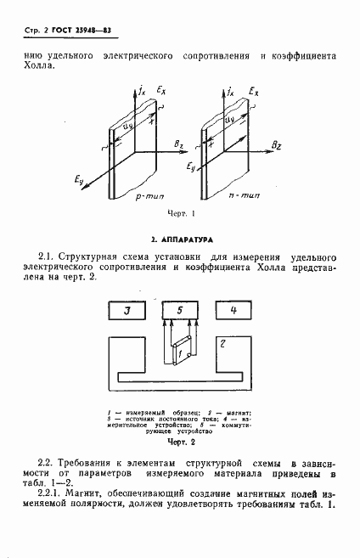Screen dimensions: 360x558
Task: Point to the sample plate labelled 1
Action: [177, 350]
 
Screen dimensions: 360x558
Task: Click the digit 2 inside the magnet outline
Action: [223, 343]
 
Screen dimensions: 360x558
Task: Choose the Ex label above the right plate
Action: [254, 87]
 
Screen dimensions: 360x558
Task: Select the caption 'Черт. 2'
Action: [181, 442]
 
